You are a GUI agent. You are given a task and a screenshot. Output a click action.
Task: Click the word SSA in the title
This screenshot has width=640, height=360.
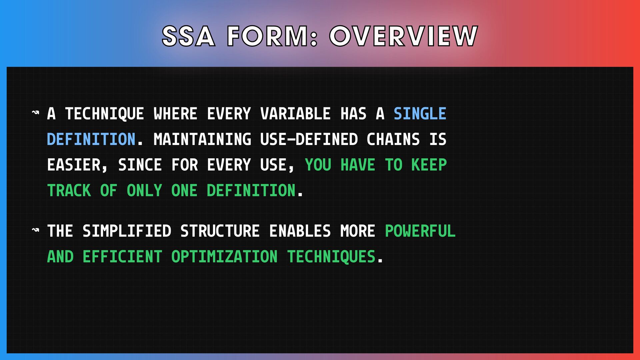pos(188,36)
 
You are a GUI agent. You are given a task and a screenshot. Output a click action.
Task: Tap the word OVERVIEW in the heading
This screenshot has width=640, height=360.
pos(404,36)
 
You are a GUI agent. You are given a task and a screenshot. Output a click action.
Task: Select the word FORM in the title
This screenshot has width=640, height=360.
pos(272,36)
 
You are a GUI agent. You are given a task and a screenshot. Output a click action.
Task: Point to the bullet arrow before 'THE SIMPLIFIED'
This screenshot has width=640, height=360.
pos(35,230)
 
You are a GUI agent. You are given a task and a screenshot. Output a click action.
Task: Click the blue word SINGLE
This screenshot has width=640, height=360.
pos(420,114)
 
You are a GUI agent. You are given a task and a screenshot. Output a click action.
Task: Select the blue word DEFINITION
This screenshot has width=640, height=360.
pos(91,139)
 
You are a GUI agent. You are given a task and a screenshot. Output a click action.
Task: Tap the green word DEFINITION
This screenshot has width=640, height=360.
pos(251,191)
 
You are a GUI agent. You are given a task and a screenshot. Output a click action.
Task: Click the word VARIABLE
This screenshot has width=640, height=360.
pos(295,114)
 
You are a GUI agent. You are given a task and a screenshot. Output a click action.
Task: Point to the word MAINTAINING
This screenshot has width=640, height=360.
pos(202,139)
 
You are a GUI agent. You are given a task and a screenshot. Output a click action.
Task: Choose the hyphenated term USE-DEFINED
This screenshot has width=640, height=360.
pos(309,139)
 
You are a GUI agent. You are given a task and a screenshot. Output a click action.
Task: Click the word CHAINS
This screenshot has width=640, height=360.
pos(393,139)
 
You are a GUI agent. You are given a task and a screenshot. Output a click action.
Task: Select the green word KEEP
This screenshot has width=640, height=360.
pos(429,165)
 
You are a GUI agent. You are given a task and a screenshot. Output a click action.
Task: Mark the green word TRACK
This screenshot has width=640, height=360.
pos(69,191)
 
